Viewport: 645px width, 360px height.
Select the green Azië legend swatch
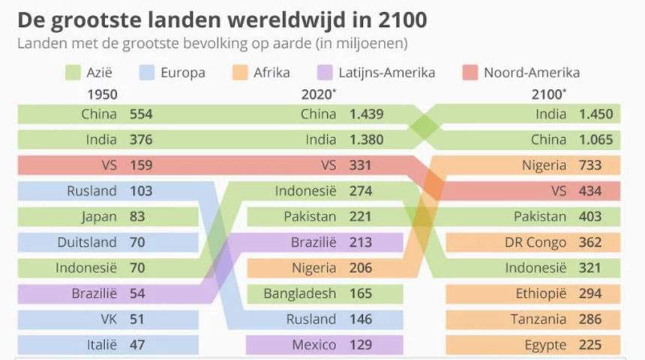coord(73,73)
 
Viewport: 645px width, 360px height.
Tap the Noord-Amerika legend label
coord(531,73)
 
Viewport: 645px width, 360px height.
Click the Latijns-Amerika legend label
coord(390,73)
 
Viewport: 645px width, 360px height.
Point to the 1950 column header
coord(102,94)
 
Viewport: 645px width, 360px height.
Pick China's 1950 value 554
coord(142,115)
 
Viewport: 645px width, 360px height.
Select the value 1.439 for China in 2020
coord(366,115)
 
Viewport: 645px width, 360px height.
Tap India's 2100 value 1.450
coord(595,115)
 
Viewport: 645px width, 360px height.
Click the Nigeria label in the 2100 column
coord(542,166)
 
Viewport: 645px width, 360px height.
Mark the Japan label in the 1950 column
coord(100,217)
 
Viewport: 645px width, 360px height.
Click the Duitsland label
coord(87,242)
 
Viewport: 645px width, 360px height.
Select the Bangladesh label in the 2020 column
coord(299,293)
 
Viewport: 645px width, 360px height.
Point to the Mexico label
coord(313,344)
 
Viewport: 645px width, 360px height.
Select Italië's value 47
coord(138,344)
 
